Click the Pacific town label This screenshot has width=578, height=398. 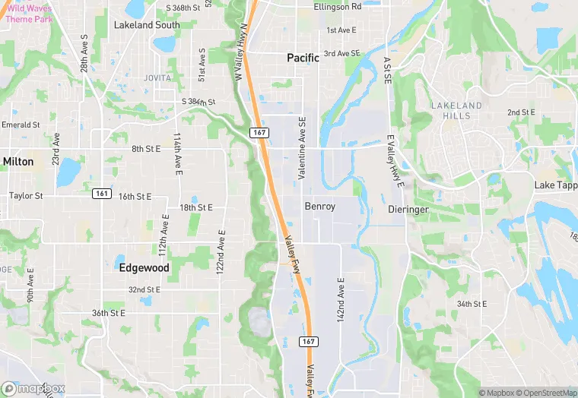(x=303, y=58)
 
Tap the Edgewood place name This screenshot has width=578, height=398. (x=144, y=268)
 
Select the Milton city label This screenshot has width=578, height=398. (x=17, y=162)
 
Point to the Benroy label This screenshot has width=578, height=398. (x=319, y=206)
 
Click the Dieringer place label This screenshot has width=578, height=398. (x=409, y=208)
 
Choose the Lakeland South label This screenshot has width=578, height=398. (x=147, y=25)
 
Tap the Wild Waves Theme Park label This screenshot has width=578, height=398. (x=30, y=13)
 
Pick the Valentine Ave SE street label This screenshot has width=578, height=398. (x=302, y=148)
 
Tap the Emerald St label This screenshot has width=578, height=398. (x=21, y=125)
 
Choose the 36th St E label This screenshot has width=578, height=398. (x=108, y=313)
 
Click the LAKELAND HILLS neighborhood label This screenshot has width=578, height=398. (x=456, y=110)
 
